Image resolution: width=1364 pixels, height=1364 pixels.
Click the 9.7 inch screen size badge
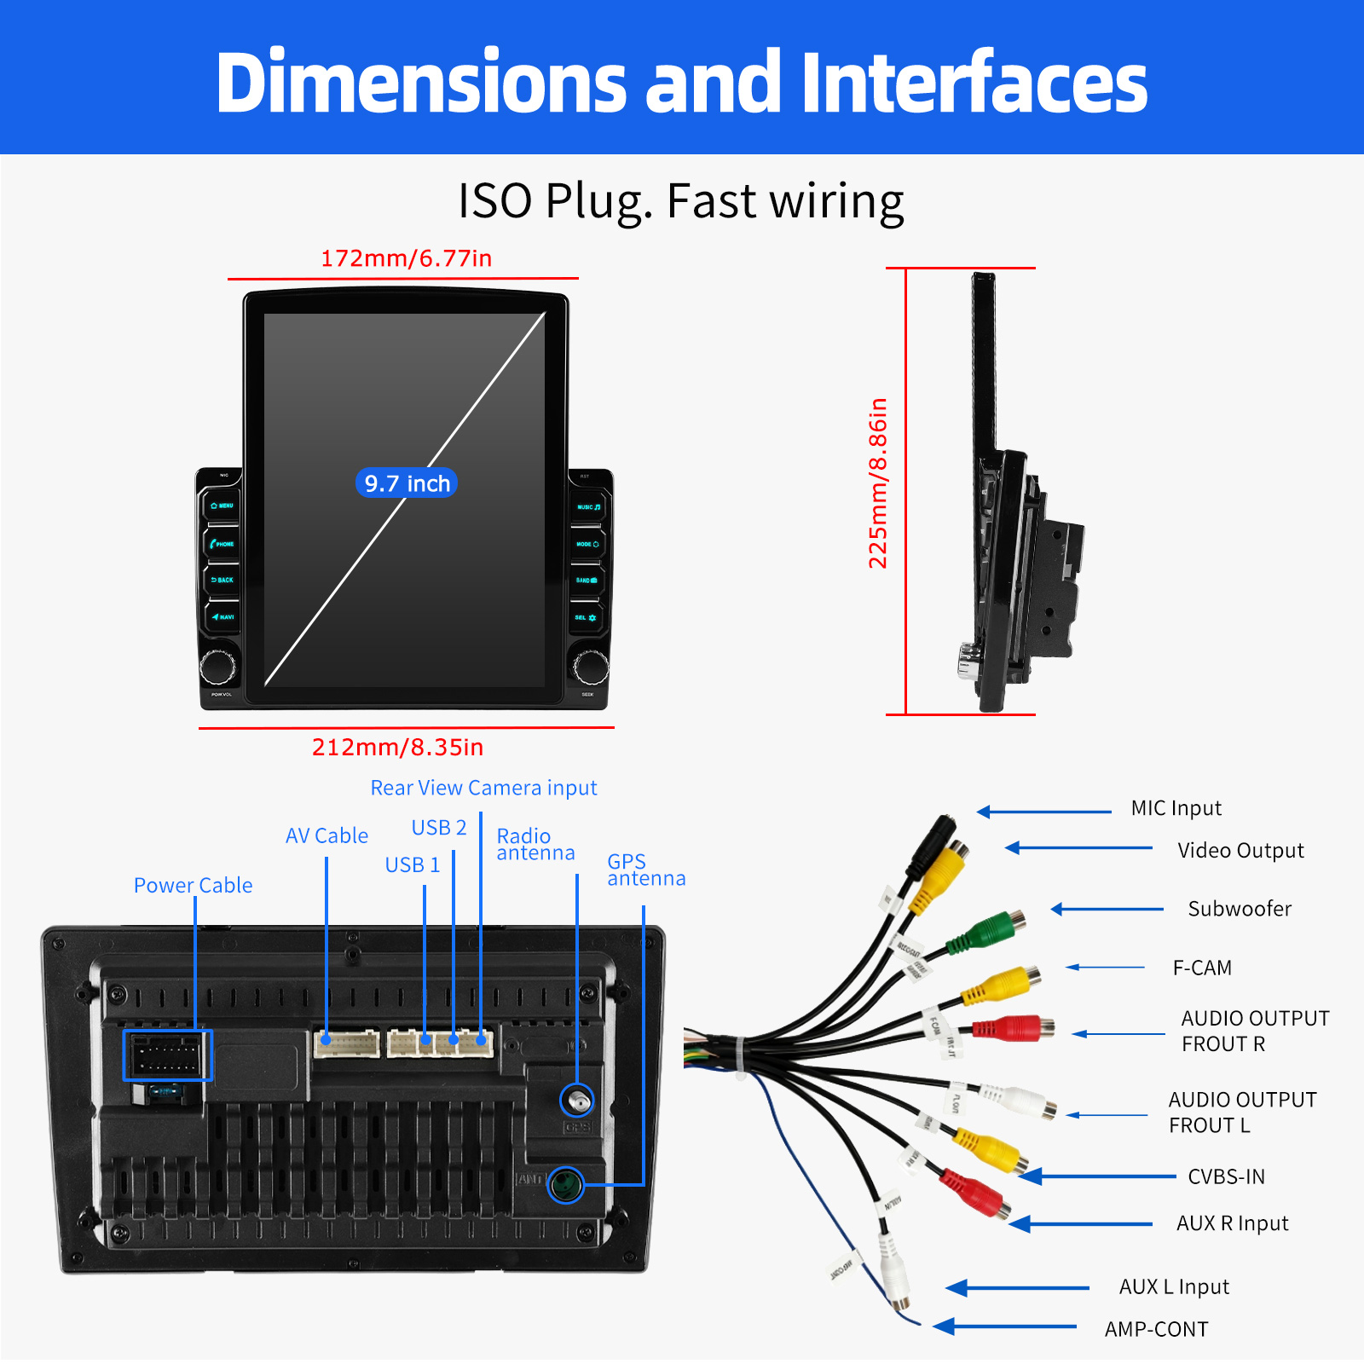click(x=407, y=483)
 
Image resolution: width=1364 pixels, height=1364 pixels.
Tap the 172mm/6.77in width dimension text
click(x=406, y=258)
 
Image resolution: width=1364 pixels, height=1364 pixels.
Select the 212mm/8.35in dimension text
click(x=397, y=748)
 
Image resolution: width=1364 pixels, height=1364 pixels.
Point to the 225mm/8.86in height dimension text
click(x=878, y=483)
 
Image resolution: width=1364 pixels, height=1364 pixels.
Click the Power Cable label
click(x=193, y=886)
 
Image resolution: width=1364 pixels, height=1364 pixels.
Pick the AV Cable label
click(x=327, y=836)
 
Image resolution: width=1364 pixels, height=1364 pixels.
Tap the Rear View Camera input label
click(x=483, y=789)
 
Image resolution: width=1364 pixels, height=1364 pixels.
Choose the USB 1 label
click(x=413, y=865)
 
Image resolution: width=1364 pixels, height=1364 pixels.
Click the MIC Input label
click(x=1176, y=808)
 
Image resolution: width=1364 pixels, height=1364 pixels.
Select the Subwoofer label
click(x=1240, y=909)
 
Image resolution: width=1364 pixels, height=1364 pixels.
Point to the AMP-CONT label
click(x=1156, y=1330)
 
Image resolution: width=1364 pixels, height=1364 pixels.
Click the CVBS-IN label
click(x=1226, y=1177)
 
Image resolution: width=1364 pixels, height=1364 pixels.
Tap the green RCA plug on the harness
click(x=989, y=931)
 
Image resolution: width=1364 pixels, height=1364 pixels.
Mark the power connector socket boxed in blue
click(x=167, y=1055)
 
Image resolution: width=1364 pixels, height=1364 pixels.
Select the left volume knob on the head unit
click(x=218, y=666)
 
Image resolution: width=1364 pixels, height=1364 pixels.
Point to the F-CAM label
click(x=1202, y=968)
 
